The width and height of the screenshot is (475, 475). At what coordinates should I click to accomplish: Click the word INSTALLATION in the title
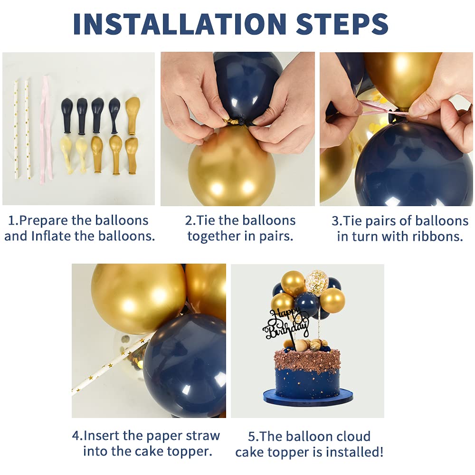180,24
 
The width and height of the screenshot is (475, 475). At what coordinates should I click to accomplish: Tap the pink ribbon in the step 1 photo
46,129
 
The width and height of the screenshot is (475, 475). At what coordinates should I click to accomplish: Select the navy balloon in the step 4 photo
185,365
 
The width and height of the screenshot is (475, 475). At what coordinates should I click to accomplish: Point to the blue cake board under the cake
308,396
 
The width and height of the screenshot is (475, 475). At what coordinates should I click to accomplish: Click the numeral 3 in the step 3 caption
335,221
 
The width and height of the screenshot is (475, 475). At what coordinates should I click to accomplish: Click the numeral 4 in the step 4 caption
76,436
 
